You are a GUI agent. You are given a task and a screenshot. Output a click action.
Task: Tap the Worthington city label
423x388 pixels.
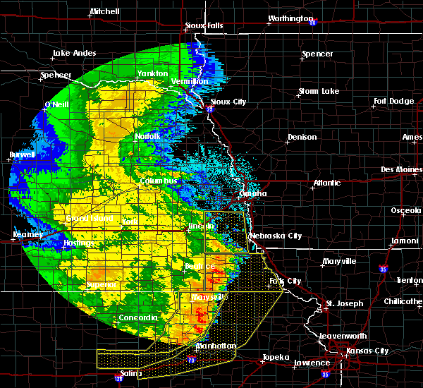tap(290, 18)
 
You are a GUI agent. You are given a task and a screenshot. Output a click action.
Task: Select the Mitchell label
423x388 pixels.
tap(104, 12)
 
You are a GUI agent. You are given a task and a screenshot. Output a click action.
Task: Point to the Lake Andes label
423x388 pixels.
tap(73, 53)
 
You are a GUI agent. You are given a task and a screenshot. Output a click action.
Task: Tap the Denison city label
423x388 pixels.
tap(302, 137)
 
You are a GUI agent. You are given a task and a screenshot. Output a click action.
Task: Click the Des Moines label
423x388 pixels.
tap(401, 169)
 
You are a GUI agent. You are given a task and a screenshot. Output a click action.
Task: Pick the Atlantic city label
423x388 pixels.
tap(327, 183)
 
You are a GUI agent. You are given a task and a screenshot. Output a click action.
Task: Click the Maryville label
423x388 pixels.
tap(338, 261)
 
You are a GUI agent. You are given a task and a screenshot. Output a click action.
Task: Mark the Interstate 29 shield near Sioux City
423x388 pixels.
tap(210, 109)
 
